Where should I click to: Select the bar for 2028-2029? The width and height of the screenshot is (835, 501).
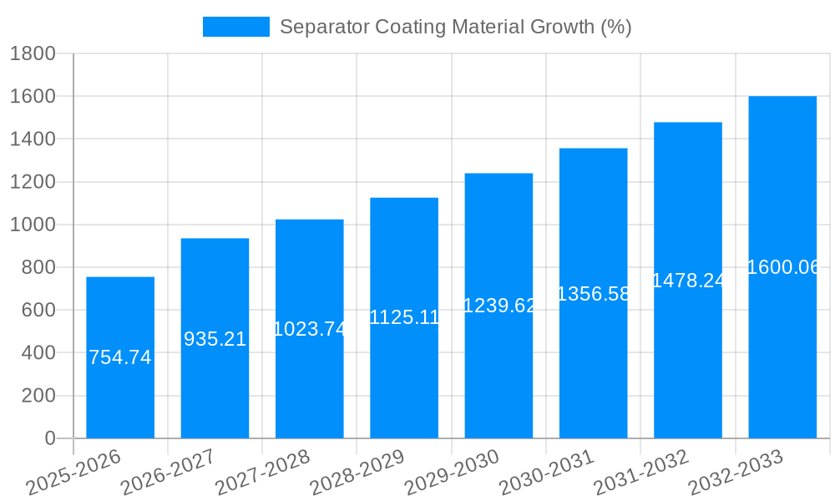[404, 376]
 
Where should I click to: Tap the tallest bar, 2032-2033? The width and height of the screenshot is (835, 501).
[782, 351]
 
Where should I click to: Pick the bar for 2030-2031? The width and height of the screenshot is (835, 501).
[593, 367]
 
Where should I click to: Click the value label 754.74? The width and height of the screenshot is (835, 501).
[120, 357]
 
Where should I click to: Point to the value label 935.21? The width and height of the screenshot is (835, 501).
[215, 339]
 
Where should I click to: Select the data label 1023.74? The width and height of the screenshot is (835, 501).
[310, 329]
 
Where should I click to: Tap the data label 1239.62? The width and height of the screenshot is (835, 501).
[498, 306]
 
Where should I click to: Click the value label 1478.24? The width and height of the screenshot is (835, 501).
[688, 281]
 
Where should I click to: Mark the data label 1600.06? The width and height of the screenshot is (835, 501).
[782, 267]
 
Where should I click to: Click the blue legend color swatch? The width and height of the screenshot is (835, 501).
[236, 27]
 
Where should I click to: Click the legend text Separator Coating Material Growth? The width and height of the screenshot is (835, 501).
[455, 27]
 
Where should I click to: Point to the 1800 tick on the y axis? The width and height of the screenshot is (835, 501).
[33, 54]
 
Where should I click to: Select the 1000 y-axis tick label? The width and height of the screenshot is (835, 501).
[33, 225]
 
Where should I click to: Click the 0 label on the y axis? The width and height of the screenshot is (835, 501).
[49, 438]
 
